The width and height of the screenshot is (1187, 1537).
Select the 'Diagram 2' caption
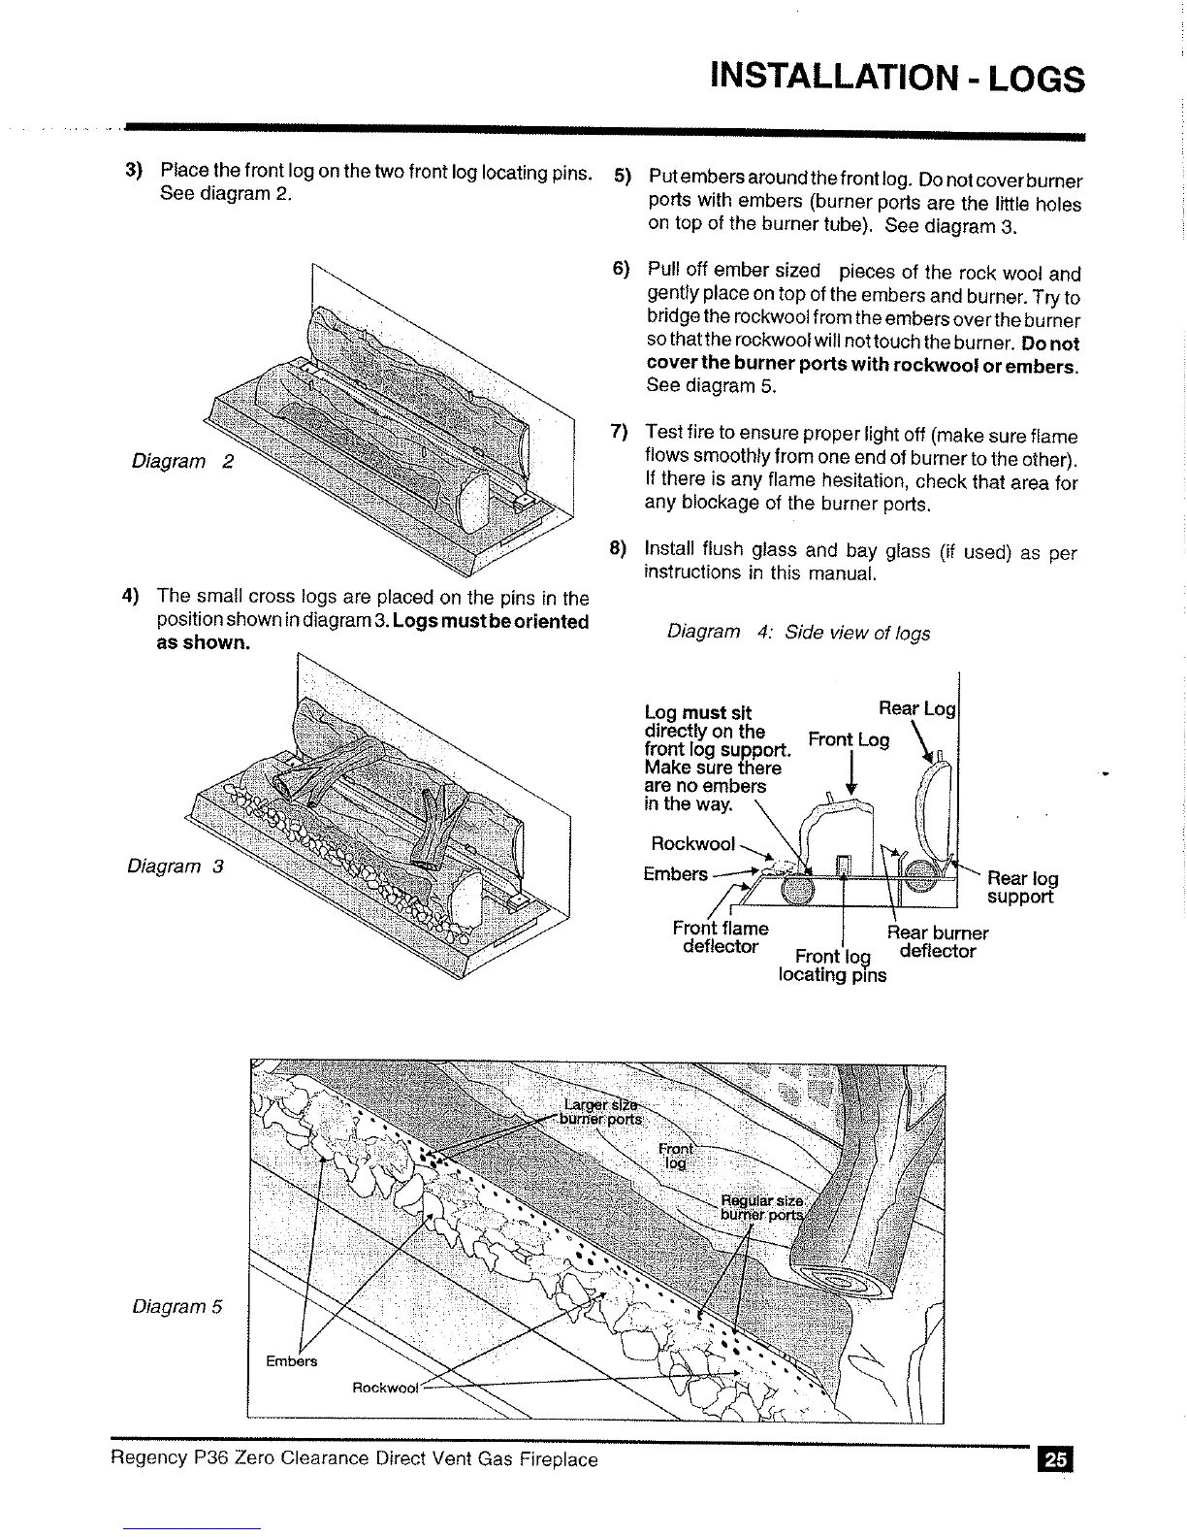click(182, 461)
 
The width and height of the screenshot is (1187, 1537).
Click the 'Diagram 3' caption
click(176, 866)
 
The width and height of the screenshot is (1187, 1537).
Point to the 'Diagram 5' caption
click(177, 1306)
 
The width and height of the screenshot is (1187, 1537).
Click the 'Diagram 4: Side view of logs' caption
click(798, 633)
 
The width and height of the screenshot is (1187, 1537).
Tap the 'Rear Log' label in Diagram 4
click(916, 708)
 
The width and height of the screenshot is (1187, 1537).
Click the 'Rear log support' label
click(1021, 888)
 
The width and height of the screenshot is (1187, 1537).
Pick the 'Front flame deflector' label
click(720, 937)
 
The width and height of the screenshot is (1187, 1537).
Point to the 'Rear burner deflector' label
click(938, 941)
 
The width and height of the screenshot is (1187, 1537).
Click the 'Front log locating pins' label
click(832, 966)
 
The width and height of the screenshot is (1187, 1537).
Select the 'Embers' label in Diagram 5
click(291, 1360)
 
